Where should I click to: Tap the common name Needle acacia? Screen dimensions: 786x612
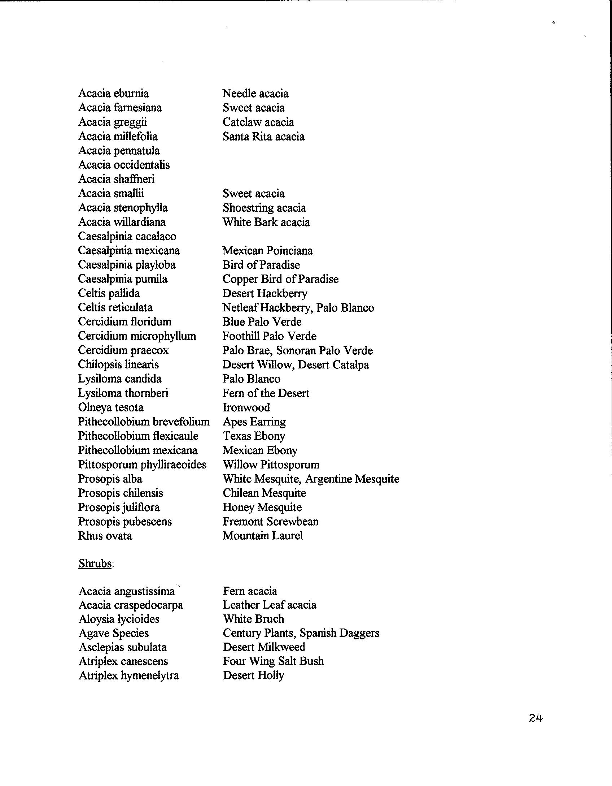(x=255, y=94)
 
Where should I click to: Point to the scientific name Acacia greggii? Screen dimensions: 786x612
(x=113, y=122)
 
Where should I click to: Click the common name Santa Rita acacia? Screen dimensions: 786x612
(x=263, y=137)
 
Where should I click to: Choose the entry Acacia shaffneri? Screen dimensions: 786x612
(x=116, y=179)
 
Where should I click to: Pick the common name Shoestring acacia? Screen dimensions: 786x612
(x=264, y=208)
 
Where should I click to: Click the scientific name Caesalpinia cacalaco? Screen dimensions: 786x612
(x=127, y=236)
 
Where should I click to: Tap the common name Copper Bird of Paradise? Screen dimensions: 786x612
(x=280, y=279)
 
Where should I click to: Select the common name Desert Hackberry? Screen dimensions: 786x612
(x=265, y=293)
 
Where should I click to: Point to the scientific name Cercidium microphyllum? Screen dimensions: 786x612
(x=137, y=336)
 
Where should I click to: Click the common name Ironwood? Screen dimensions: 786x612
(x=246, y=407)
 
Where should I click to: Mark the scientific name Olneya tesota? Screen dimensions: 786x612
(x=111, y=407)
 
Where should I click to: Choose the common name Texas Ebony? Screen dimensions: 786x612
(x=254, y=436)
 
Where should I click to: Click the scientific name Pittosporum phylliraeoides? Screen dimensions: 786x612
(x=142, y=465)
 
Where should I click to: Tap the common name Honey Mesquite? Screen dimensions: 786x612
(x=262, y=508)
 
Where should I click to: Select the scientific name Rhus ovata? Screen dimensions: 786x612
(x=105, y=536)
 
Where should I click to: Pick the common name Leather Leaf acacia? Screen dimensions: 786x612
(x=270, y=605)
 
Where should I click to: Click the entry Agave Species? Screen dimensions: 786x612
(x=114, y=633)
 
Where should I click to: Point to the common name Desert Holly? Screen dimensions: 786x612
(x=253, y=675)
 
